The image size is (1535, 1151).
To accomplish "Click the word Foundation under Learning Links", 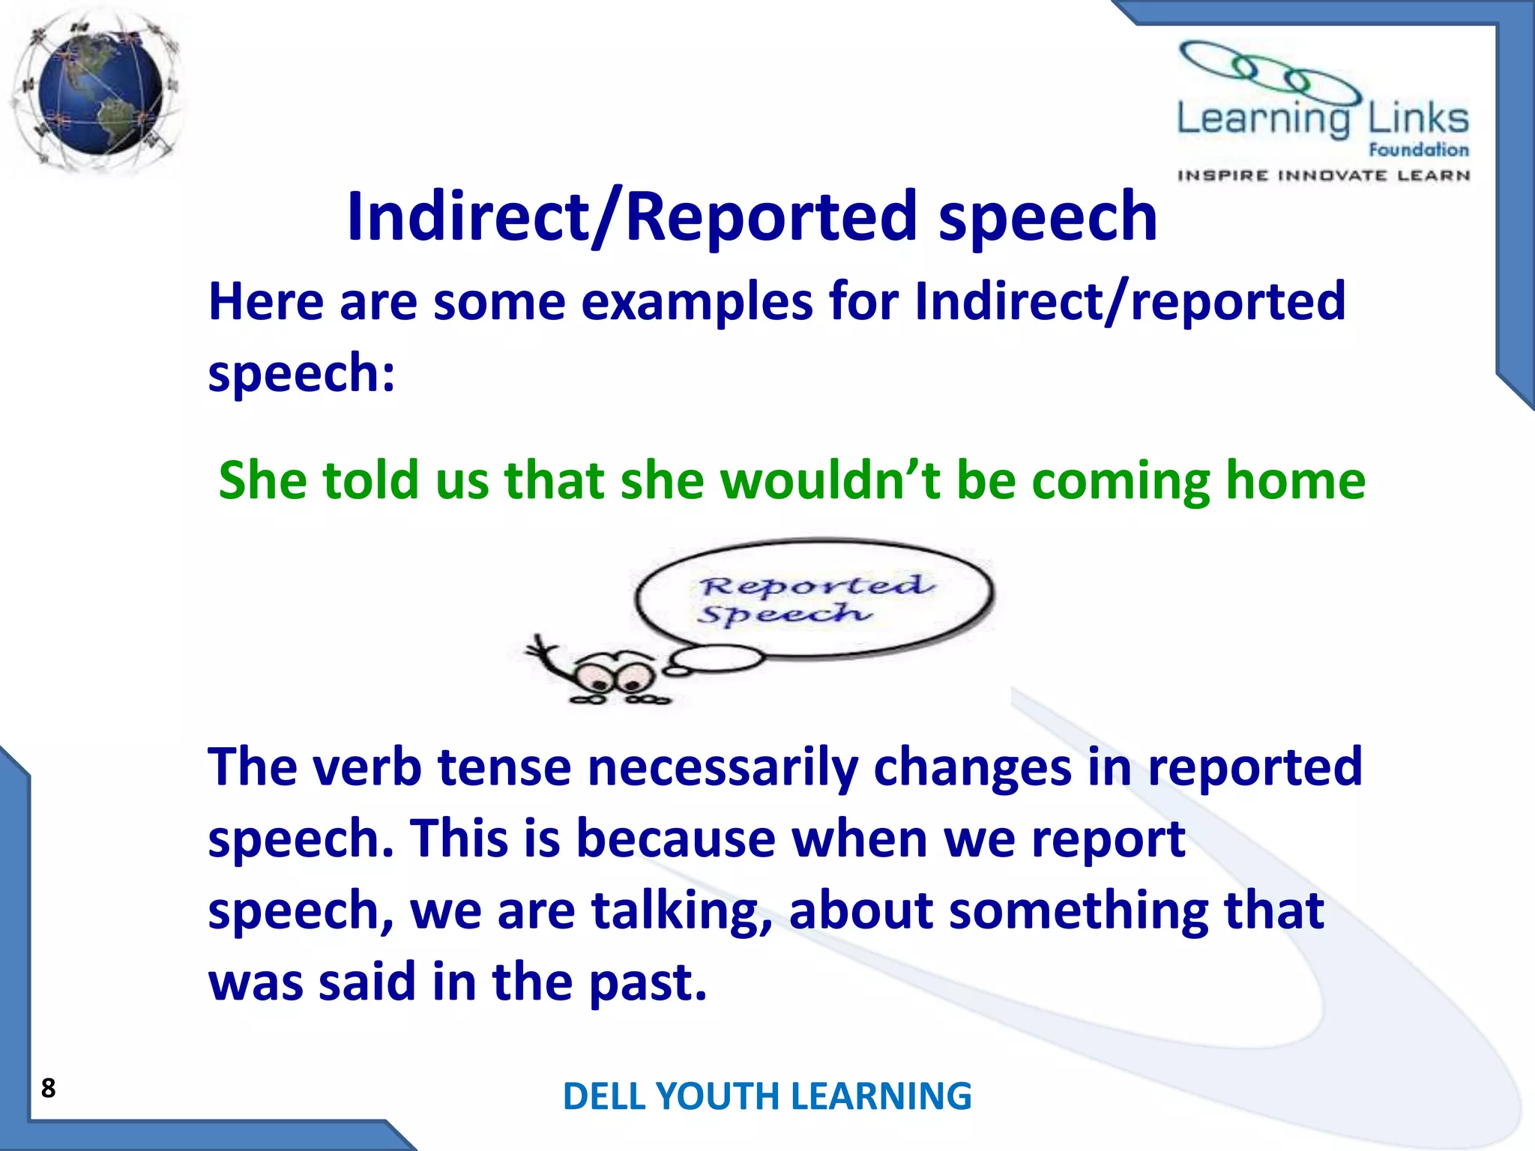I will (1418, 150).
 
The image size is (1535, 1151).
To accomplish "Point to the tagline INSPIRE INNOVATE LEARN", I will (1323, 175).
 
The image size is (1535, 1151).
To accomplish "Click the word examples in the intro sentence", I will (697, 302).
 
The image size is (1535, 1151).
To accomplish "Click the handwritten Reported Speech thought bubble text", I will (813, 599).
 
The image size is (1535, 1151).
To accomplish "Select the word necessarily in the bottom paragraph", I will (723, 767).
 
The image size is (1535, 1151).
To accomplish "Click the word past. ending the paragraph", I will (648, 983).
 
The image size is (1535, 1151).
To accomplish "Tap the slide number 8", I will (49, 1088).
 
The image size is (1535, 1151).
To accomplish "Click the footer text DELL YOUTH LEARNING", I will (767, 1096).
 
